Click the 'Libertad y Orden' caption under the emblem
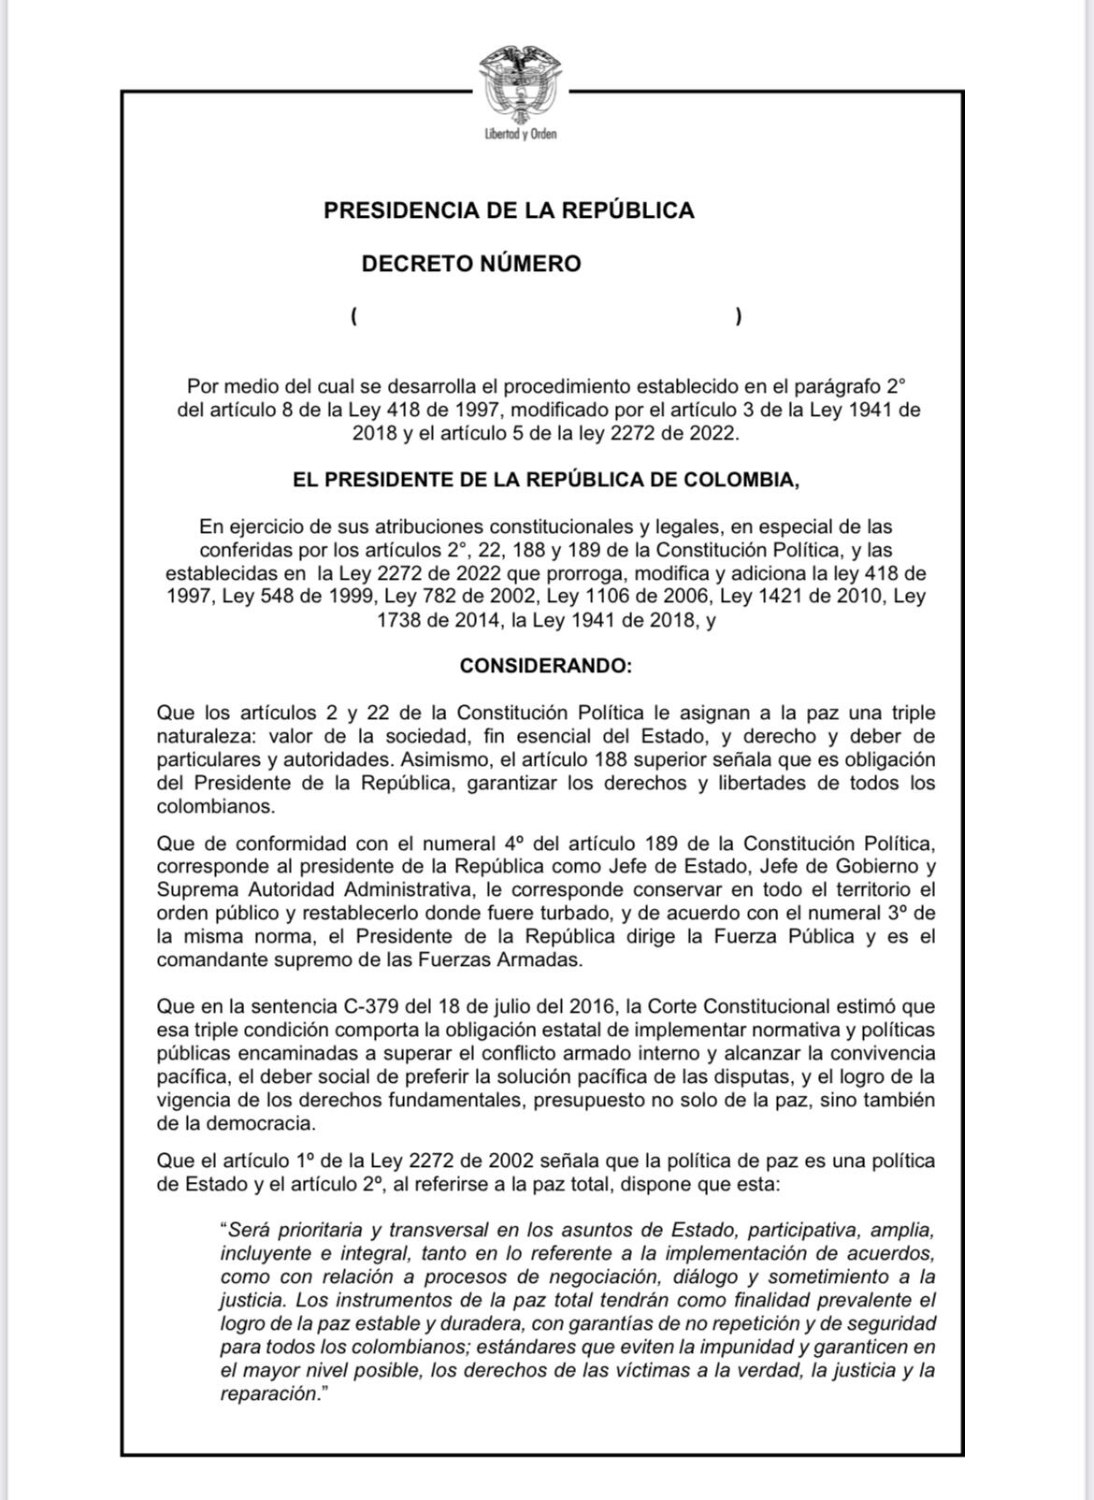521,135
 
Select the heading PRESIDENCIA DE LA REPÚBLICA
509,210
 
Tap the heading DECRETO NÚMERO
471,264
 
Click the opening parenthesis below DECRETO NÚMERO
354,316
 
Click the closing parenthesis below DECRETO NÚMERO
739,316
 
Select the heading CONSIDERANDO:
546,666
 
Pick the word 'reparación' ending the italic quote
269,1394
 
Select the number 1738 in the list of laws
399,620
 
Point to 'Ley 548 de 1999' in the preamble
285,597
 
